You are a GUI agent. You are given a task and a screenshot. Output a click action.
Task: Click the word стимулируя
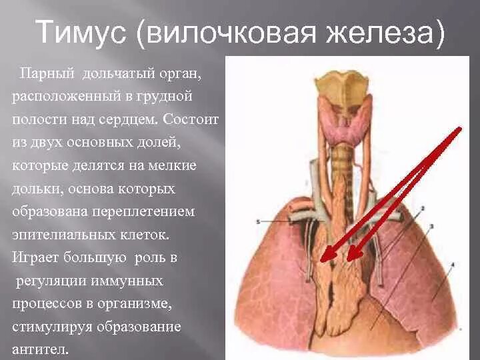click(53, 327)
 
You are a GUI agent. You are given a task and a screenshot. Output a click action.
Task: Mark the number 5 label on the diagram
click(257, 221)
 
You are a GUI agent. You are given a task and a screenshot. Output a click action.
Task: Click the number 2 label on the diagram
click(423, 209)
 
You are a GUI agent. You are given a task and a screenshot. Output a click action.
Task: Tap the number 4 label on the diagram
click(453, 265)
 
